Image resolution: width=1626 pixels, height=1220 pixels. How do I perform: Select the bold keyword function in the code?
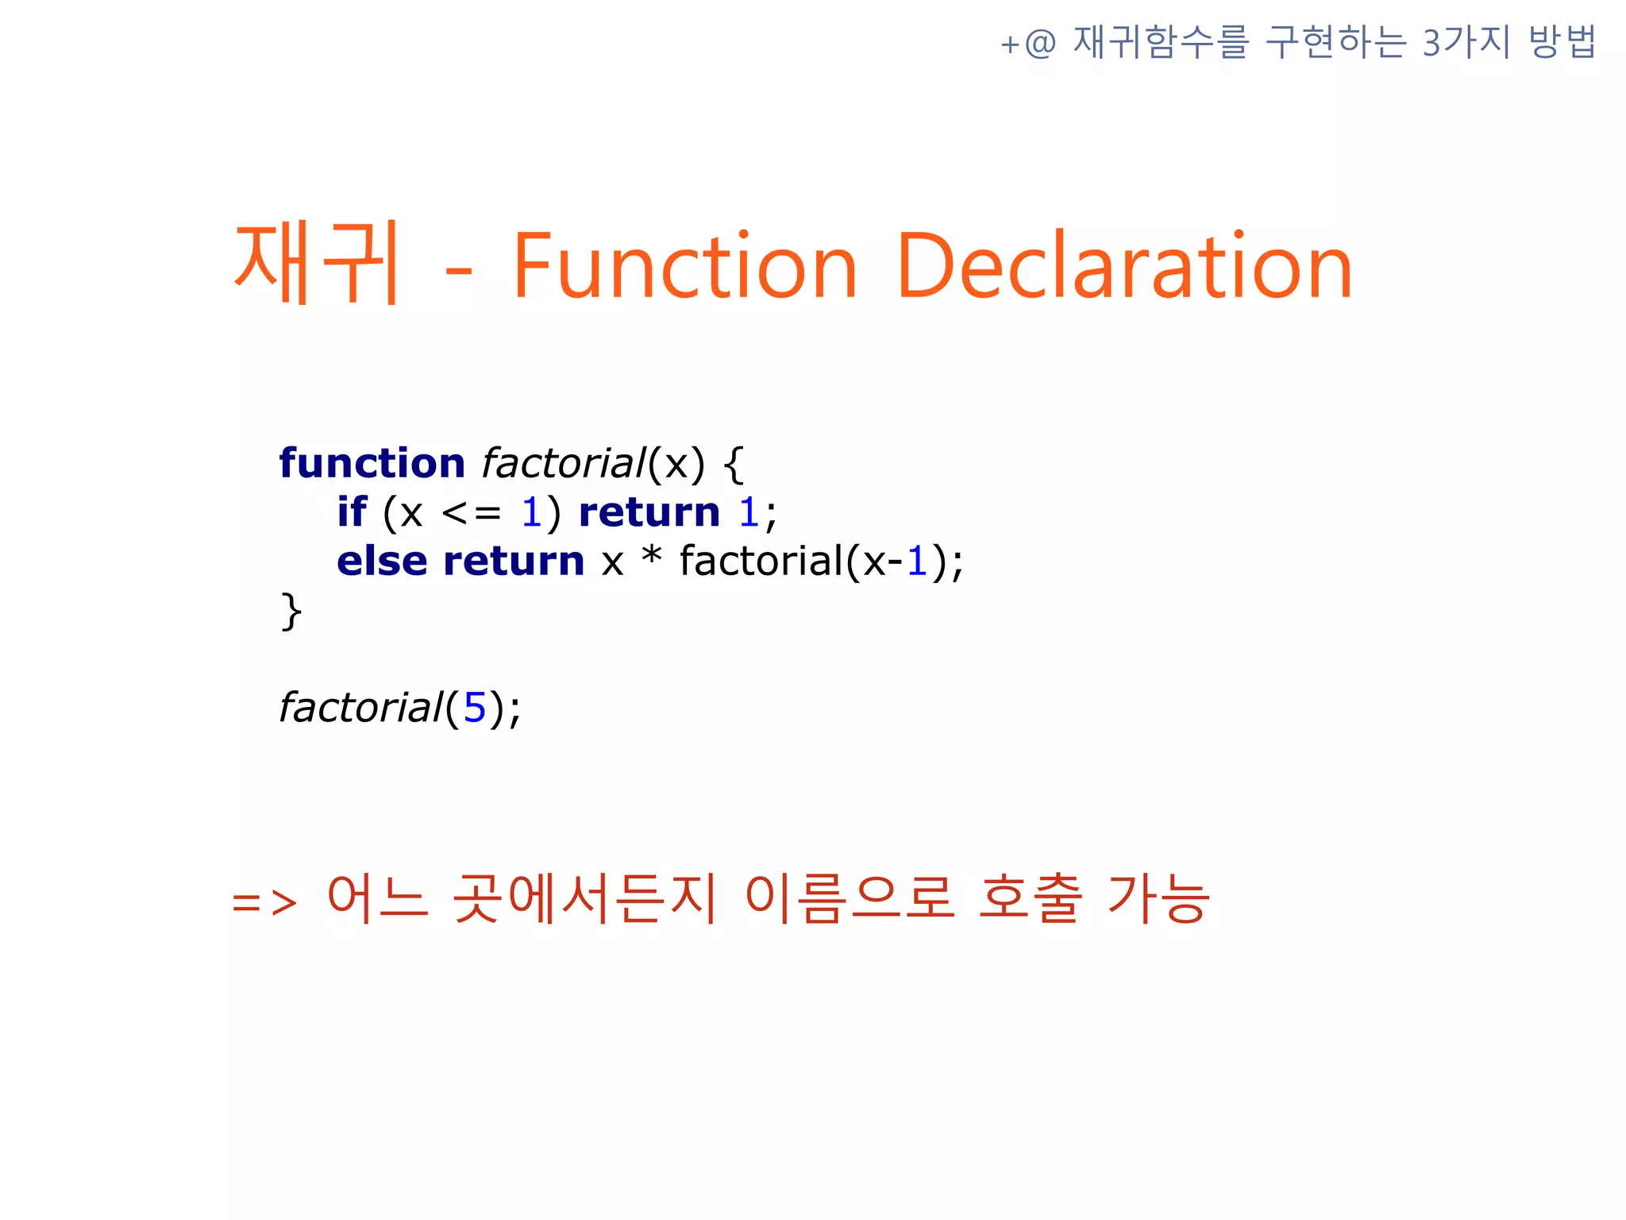[372, 463]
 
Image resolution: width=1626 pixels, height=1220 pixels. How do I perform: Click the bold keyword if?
[352, 512]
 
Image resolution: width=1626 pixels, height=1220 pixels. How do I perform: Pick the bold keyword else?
[382, 562]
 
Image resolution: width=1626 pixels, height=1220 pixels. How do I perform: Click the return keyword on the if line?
[649, 512]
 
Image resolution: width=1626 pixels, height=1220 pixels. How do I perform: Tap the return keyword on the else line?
[514, 562]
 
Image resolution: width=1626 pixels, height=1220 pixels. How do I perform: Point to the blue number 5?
[474, 708]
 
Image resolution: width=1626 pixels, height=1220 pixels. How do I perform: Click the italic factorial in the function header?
[564, 463]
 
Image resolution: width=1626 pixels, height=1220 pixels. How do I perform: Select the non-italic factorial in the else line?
[761, 562]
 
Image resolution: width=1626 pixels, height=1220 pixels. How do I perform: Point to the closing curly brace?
[291, 612]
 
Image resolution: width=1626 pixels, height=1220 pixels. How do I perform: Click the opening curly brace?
[734, 465]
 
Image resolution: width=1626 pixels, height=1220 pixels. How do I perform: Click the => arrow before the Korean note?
[264, 903]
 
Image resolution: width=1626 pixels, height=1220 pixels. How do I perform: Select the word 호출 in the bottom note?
[1030, 898]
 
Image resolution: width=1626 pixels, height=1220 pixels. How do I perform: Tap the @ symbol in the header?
[1040, 43]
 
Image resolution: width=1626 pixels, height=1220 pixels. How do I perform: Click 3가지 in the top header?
[1466, 42]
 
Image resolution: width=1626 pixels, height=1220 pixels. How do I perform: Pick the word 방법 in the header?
[1562, 42]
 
